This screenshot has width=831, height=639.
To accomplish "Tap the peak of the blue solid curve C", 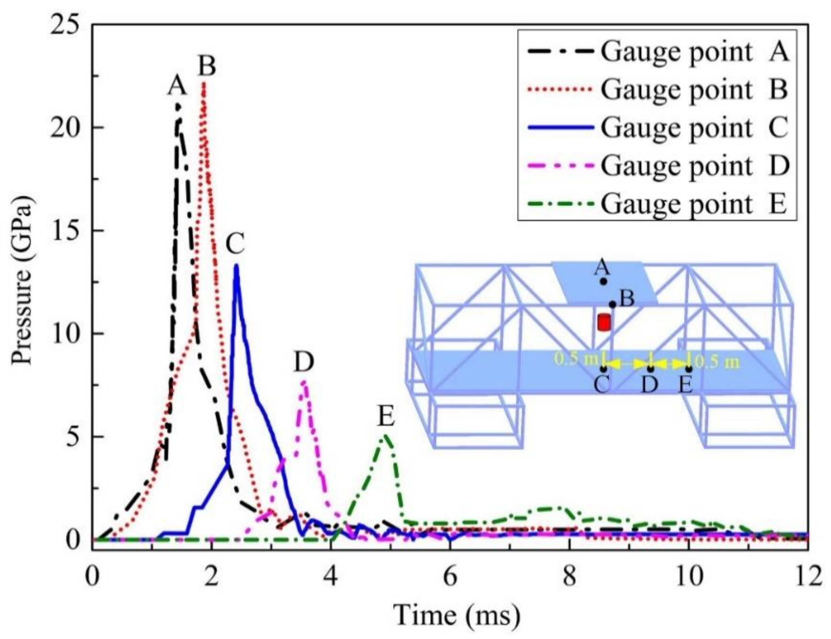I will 236,266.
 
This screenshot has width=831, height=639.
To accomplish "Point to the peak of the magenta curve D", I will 304,382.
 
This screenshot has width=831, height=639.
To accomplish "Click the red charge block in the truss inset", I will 604,323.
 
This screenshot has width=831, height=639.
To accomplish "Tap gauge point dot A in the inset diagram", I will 604,282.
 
